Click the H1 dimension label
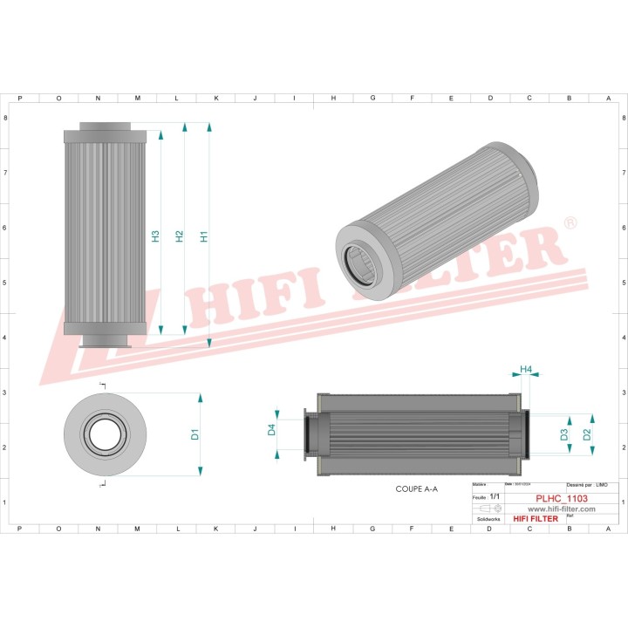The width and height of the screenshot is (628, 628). (203, 235)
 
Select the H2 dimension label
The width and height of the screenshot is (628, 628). (179, 235)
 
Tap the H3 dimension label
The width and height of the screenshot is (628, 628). (154, 235)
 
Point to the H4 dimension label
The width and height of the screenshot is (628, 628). (526, 370)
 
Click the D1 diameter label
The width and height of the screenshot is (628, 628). (195, 433)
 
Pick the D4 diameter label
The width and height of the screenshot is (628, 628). (271, 429)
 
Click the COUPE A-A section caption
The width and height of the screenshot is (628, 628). (416, 490)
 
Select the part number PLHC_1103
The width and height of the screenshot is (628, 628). (562, 497)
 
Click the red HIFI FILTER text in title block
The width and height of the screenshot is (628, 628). (532, 518)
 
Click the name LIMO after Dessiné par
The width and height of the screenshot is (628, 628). (601, 484)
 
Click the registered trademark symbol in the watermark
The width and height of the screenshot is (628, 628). (570, 224)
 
